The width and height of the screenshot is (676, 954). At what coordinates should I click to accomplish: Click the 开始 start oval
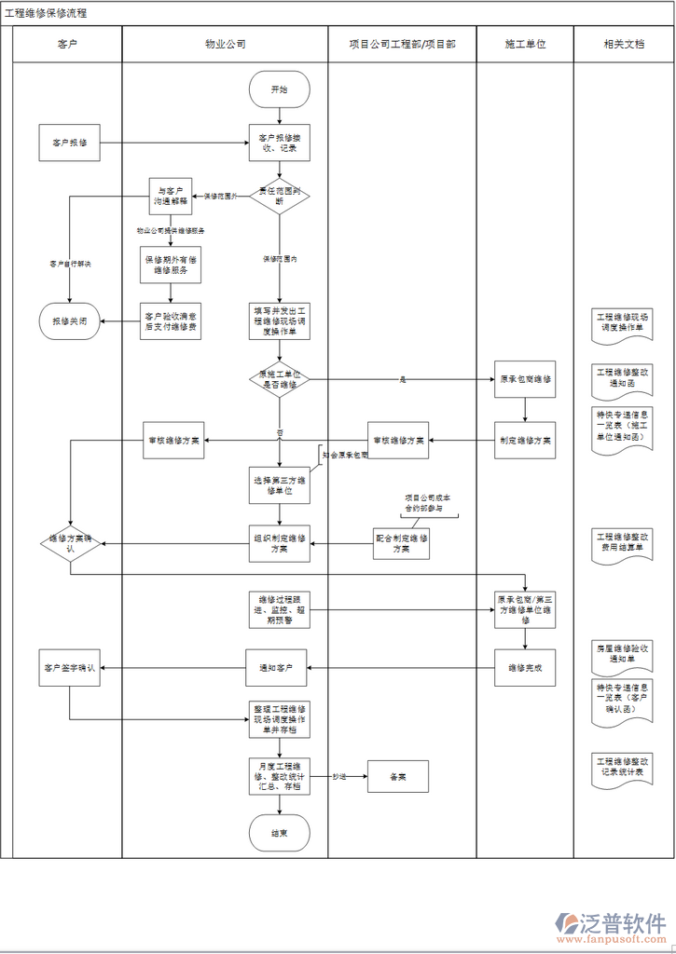[279, 89]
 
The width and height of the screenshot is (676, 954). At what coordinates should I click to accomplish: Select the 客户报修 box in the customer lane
[70, 143]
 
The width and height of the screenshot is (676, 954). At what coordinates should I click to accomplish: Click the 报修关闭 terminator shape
[70, 320]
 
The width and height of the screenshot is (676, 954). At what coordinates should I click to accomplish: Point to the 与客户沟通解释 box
[171, 195]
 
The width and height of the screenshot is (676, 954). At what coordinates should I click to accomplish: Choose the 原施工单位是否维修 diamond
[279, 379]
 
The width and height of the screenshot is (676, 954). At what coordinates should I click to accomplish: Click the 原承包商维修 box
[525, 379]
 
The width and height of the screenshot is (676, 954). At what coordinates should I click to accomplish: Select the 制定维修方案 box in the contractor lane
[525, 440]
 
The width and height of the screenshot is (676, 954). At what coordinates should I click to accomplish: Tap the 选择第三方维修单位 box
[279, 485]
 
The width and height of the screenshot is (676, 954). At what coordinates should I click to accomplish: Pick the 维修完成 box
[525, 667]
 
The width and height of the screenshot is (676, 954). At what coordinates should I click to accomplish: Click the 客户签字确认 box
[70, 667]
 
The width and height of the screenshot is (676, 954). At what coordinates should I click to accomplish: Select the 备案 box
[398, 776]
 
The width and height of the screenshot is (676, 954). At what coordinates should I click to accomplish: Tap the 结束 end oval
[279, 833]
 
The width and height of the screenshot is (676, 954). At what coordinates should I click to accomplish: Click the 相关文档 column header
[623, 44]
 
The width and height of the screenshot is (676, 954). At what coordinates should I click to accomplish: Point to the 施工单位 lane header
[525, 44]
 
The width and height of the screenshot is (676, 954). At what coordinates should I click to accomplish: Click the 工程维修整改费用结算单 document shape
[623, 543]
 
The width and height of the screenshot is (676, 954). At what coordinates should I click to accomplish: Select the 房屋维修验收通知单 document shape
[623, 652]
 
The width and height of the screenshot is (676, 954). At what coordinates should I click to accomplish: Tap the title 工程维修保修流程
[47, 13]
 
